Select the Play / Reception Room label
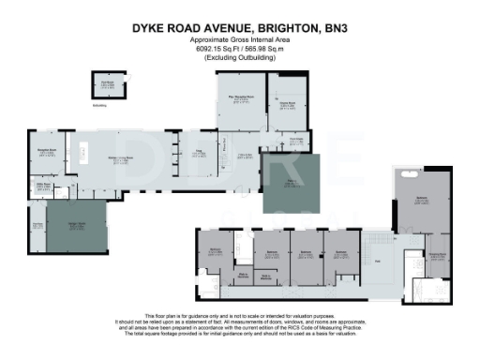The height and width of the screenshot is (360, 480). (239, 97)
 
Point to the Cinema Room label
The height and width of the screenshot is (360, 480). (287, 103)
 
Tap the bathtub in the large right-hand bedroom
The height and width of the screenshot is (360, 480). (410, 173)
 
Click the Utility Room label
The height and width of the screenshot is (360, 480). (43, 186)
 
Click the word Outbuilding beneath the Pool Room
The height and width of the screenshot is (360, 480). (101, 106)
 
